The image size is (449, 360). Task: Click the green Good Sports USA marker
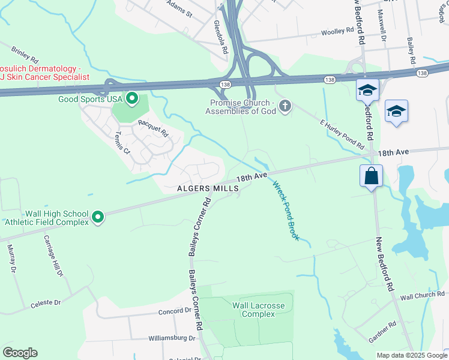[131, 98]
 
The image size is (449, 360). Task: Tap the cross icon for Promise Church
[285, 107]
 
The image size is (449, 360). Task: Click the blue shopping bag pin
[372, 176]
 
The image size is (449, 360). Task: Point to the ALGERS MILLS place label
[207, 188]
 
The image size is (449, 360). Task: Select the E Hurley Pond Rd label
[342, 134]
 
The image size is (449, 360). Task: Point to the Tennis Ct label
[122, 142]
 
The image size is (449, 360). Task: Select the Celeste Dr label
[46, 304]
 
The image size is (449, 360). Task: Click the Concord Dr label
[174, 311]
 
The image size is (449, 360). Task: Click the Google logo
[20, 353]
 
